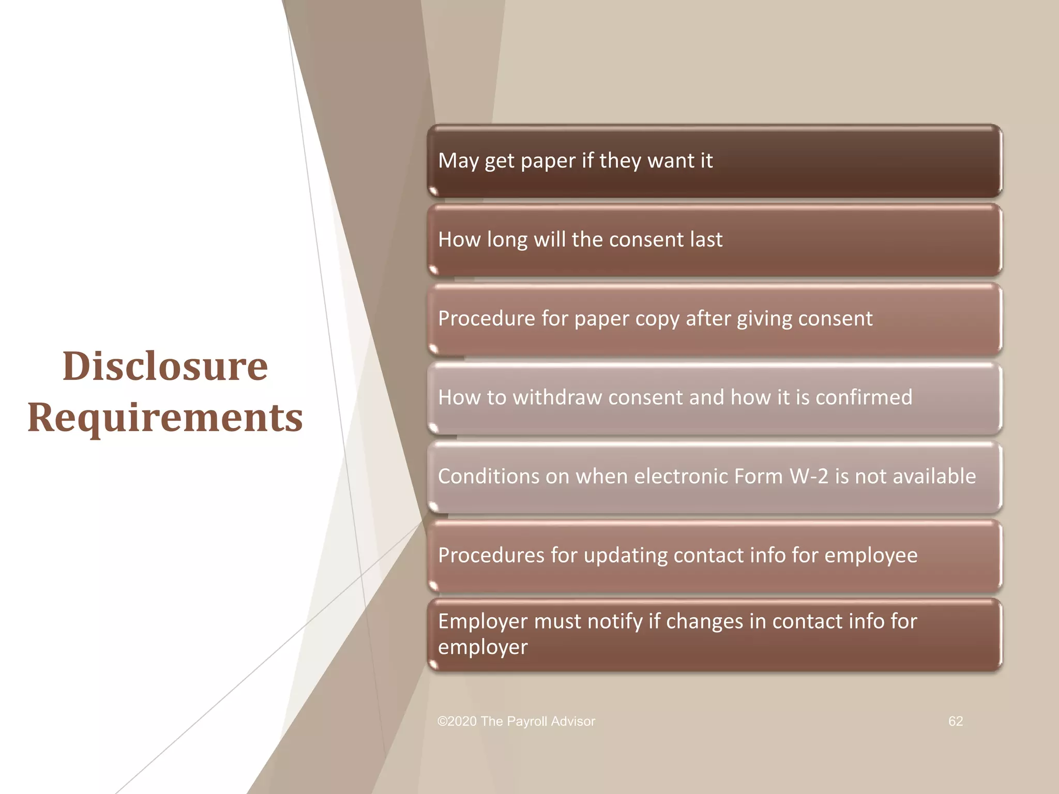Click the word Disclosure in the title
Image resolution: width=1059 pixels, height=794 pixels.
tap(165, 366)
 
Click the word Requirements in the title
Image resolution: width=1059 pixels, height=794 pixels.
tap(165, 417)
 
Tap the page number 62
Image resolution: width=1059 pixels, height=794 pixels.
tap(956, 721)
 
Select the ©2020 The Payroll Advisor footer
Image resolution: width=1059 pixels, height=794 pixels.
tap(516, 721)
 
